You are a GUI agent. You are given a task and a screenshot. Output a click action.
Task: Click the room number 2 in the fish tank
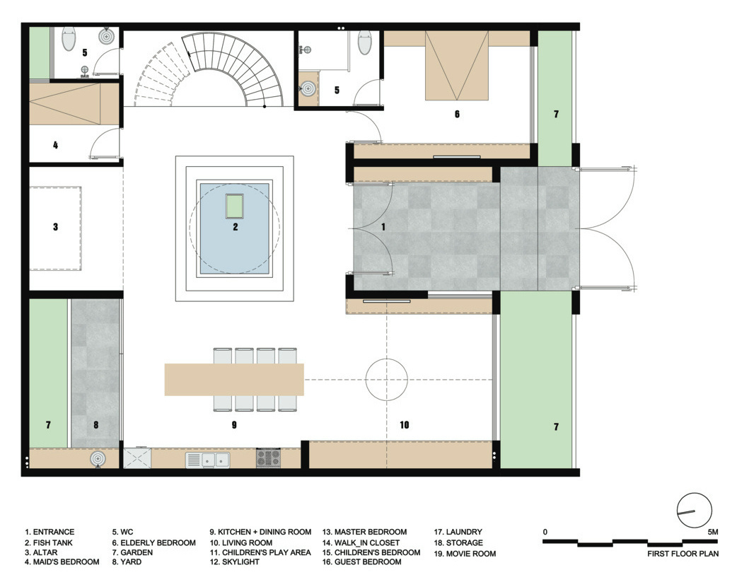coord(235,227)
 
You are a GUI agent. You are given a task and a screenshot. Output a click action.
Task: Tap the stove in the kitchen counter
coord(268,458)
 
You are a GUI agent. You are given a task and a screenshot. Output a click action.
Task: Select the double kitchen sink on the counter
coord(208,460)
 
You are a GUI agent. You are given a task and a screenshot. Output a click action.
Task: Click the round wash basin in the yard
coord(98,459)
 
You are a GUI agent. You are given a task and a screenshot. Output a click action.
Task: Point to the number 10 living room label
coord(404,425)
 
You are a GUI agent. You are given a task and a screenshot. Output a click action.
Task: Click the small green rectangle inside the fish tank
coord(234,206)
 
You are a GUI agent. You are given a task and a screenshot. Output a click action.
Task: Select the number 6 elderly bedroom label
coord(457,113)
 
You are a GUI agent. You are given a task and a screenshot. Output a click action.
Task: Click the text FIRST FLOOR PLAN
coord(683,554)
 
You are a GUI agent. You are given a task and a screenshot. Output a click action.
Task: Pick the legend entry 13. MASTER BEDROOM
coord(364,532)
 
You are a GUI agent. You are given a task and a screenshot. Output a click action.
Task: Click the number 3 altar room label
coord(55,227)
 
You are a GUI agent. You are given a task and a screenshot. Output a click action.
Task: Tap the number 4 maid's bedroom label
coord(55,146)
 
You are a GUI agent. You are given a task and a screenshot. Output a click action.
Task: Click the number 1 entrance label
coord(383,227)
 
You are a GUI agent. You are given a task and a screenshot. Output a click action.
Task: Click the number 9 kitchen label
coord(233,425)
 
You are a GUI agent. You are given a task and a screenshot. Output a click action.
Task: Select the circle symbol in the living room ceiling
coord(387,380)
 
